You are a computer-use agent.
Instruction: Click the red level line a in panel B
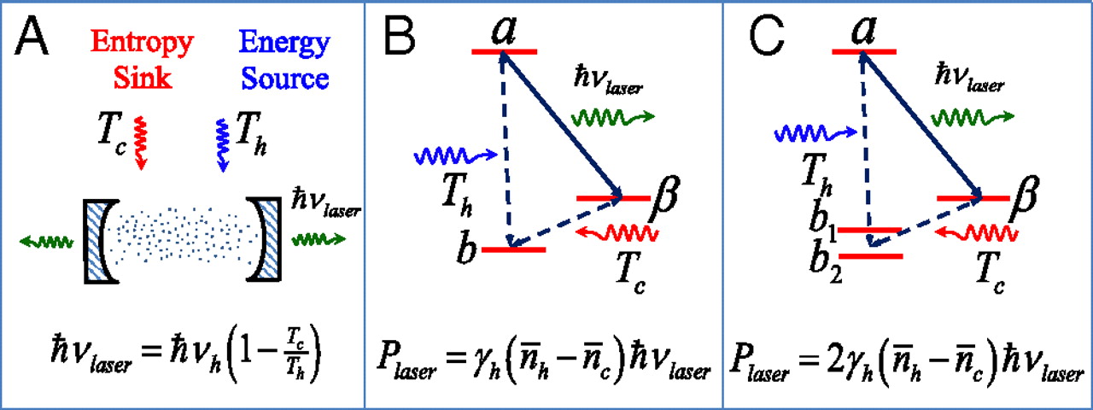coord(504,51)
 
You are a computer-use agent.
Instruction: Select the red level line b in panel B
coord(513,249)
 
